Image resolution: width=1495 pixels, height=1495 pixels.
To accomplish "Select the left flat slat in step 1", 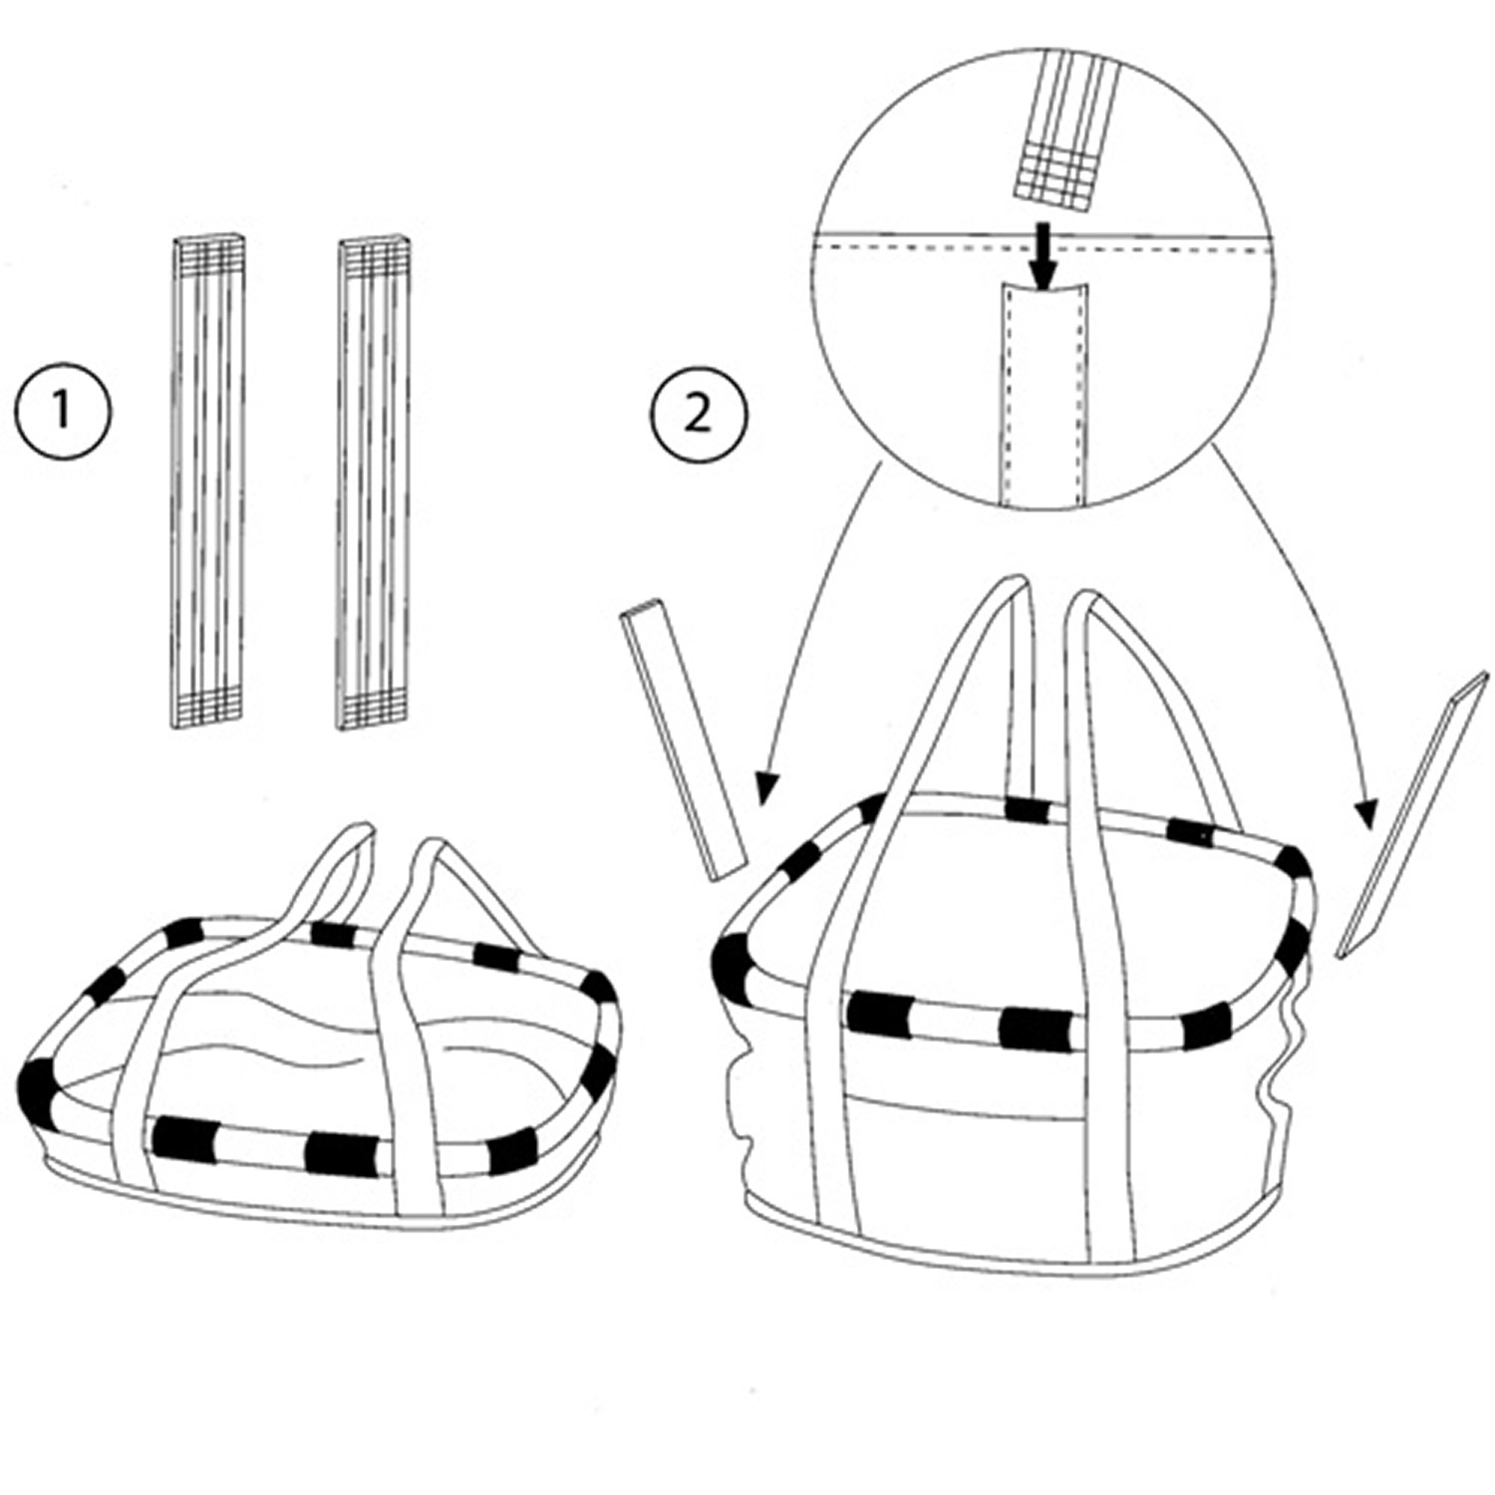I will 206,482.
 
